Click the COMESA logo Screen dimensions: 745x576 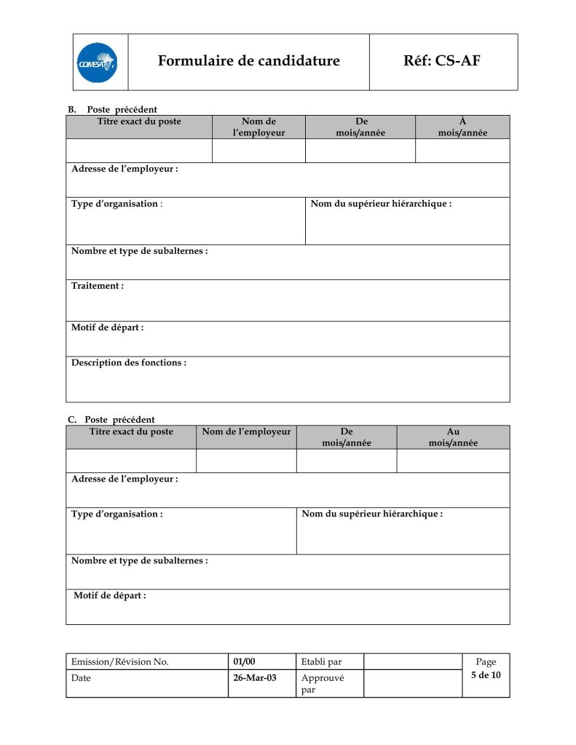[x=97, y=63]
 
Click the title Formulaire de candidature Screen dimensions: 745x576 [x=248, y=61]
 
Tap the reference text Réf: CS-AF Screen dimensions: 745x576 [x=441, y=61]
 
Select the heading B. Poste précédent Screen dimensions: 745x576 [x=113, y=110]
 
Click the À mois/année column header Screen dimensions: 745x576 [x=462, y=127]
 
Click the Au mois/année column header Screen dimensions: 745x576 [x=453, y=437]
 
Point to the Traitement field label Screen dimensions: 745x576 [x=98, y=286]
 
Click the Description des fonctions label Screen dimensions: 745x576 [x=129, y=362]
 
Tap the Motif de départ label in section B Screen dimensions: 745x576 [x=107, y=327]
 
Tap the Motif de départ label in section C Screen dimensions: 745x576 [x=110, y=596]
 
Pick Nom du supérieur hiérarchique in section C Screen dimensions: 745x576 [x=372, y=514]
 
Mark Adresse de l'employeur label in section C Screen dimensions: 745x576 [x=125, y=479]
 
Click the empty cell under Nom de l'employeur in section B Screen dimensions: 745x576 [x=259, y=151]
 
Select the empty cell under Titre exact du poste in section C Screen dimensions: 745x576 [x=131, y=461]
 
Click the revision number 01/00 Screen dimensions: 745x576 [x=245, y=661]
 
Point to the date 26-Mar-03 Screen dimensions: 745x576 [x=255, y=678]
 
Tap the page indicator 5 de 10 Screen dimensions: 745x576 [x=486, y=675]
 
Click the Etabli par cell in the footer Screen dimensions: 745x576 [x=321, y=661]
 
